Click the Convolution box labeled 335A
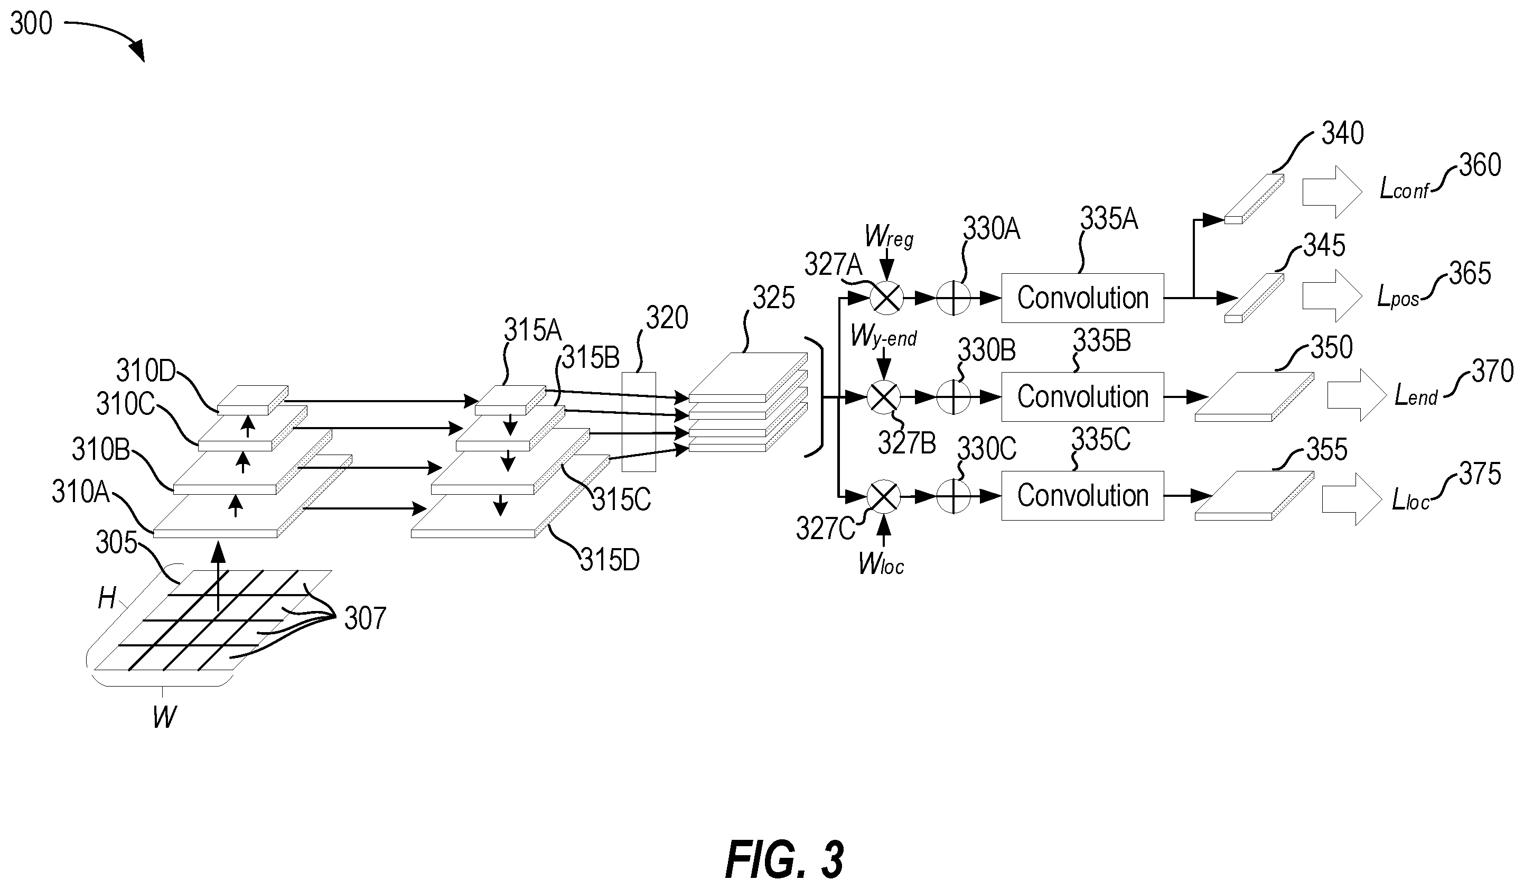coord(1082,298)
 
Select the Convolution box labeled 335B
coord(1082,397)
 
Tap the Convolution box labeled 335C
coord(1082,496)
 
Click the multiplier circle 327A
coord(886,298)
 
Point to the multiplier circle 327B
coord(884,397)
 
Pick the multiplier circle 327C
coord(884,496)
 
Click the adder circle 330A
coord(953,298)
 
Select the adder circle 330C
coord(953,496)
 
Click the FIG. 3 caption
coord(784,859)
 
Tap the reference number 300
coord(32,24)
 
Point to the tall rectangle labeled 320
coord(639,421)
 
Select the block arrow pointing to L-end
coord(1357,395)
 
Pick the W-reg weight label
coord(889,237)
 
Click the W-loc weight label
coord(881,563)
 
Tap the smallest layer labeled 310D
coord(253,400)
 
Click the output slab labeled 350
coord(1254,396)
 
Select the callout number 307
coord(364,618)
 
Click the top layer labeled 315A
coord(510,400)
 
